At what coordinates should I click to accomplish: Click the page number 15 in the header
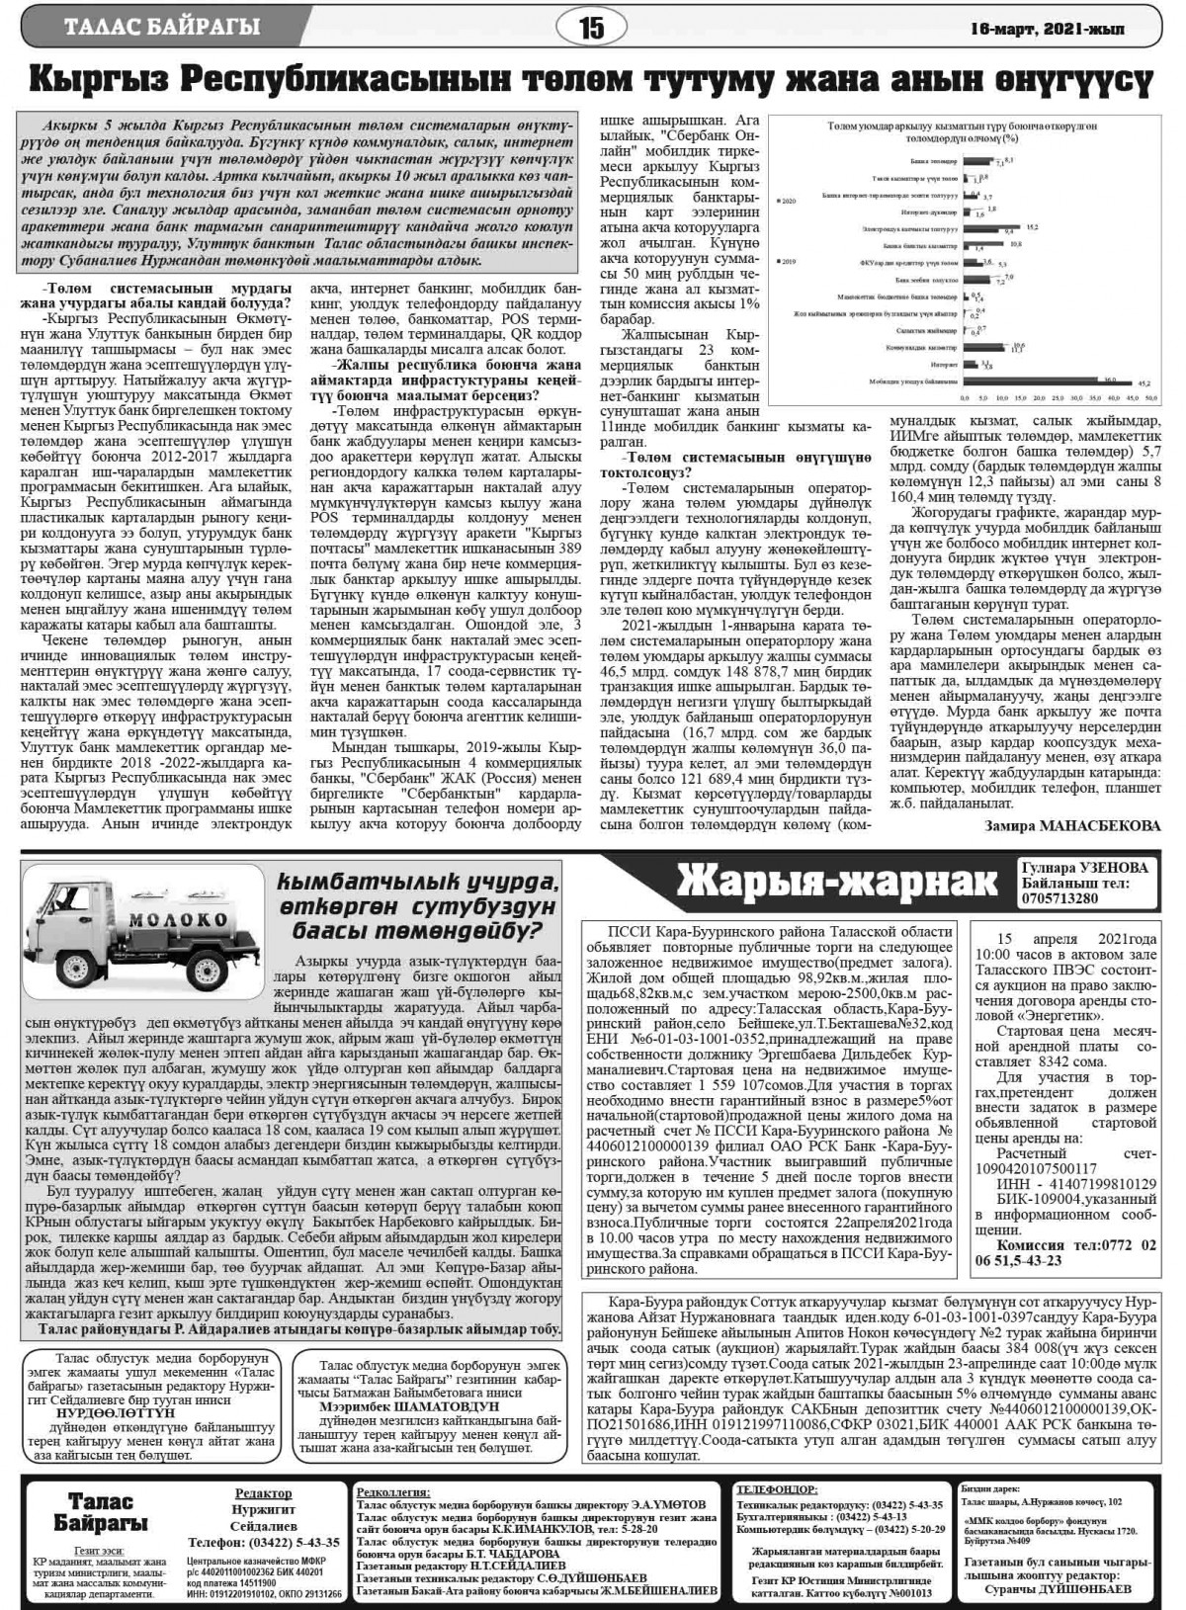point(591,28)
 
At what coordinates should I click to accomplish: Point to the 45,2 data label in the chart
point(1145,381)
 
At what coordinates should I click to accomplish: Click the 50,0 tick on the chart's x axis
point(1151,395)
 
